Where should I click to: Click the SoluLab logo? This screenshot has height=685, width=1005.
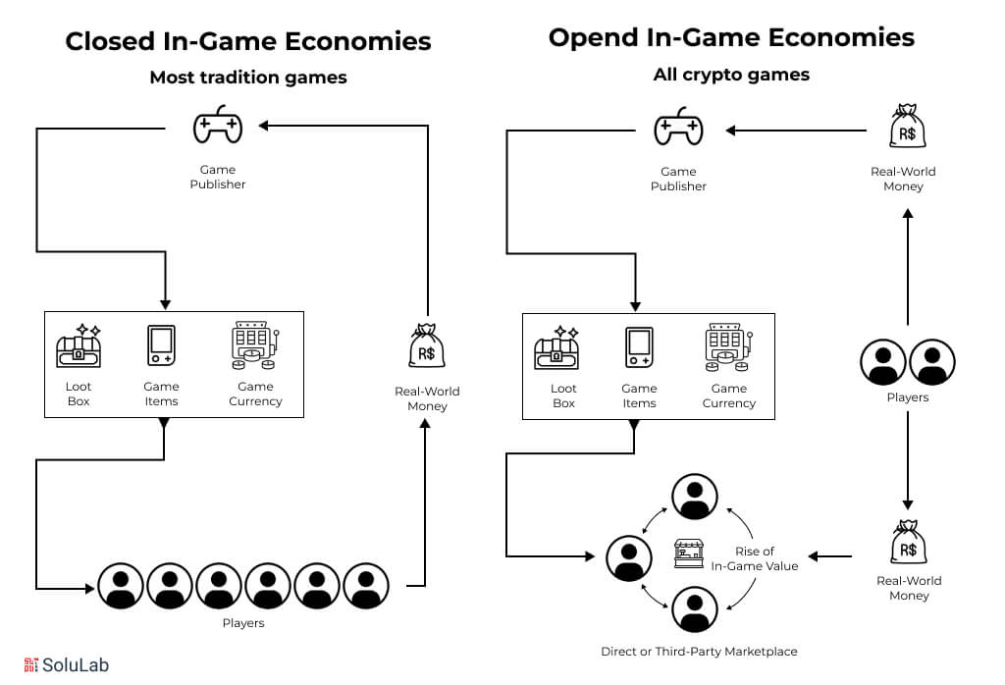(x=66, y=664)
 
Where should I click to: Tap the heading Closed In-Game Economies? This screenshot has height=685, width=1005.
(x=248, y=41)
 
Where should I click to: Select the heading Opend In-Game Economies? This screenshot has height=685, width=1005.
(x=731, y=37)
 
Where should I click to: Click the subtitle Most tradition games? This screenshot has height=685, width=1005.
(x=248, y=78)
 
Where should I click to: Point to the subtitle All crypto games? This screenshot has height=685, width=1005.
(x=731, y=75)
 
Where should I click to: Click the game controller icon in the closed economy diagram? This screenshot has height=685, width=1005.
(x=218, y=127)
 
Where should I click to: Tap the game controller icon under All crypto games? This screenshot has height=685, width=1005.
(x=678, y=129)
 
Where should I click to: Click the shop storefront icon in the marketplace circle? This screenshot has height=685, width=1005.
(x=688, y=555)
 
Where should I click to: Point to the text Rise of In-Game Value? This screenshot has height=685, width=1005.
(x=755, y=558)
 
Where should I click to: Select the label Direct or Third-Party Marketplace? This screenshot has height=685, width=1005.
(x=699, y=652)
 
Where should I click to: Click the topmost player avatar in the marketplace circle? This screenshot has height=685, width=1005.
(x=694, y=498)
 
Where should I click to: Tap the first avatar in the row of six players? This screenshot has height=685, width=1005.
(x=121, y=587)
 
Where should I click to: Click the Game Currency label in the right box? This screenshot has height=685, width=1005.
(x=729, y=395)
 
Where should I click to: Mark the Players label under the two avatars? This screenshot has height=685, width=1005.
(x=907, y=397)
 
